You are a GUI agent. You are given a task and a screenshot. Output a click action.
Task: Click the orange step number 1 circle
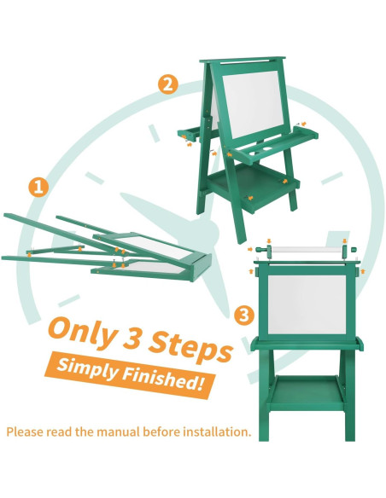38,187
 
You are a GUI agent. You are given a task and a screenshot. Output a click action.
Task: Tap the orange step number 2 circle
168,84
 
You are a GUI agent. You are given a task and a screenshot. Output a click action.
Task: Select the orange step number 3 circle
244,316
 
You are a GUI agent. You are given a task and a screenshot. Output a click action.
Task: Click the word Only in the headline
83,332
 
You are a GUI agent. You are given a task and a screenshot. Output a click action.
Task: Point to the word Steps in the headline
190,347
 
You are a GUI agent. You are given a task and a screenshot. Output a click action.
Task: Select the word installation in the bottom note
217,432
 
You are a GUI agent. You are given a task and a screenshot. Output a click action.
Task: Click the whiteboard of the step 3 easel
307,304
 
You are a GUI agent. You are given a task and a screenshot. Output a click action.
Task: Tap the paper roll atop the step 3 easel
307,250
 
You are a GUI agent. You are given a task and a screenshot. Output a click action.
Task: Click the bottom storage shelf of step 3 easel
307,392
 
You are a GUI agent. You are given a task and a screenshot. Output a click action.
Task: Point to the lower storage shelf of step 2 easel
253,187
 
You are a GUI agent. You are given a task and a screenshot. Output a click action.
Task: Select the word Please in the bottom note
26,432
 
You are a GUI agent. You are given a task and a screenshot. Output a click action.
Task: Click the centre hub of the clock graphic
207,231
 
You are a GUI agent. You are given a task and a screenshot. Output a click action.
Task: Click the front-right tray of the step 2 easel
274,144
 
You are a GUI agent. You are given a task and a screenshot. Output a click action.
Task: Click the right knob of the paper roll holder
354,250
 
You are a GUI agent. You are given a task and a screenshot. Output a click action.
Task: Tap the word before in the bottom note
161,432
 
